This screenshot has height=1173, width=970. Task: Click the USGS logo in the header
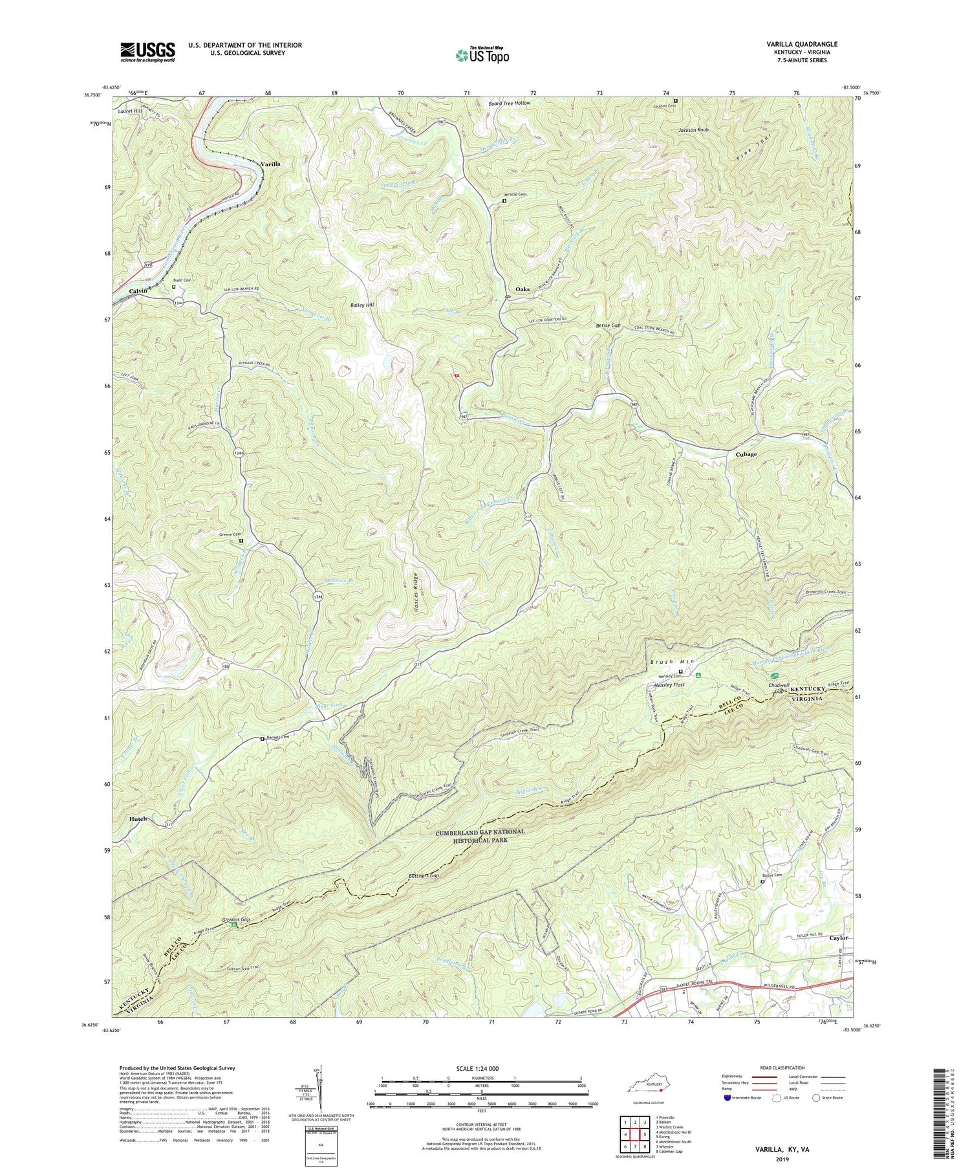pos(147,52)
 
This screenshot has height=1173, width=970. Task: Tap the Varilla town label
pos(270,164)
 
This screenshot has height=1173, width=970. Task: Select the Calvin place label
pos(138,291)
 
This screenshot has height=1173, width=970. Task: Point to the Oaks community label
pos(523,289)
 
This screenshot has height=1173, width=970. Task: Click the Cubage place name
pos(746,454)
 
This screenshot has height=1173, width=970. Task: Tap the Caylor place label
pos(839,937)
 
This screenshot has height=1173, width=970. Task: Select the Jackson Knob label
pos(693,130)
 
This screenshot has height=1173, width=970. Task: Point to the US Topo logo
pos(482,55)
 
